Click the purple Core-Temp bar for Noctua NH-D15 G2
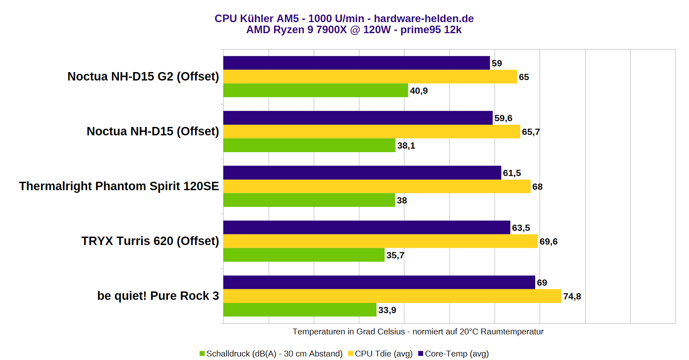tap(356, 63)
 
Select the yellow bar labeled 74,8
tap(392, 296)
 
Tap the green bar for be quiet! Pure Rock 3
tap(300, 310)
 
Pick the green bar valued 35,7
tap(304, 255)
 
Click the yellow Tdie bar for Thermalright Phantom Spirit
tap(377, 186)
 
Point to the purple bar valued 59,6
tap(358, 118)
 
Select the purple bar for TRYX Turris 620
tap(366, 227)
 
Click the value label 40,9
tap(419, 91)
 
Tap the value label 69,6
tap(548, 241)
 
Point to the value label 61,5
tap(512, 173)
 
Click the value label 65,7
tap(531, 132)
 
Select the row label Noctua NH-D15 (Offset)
tap(152, 131)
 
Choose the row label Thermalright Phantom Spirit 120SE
tap(119, 186)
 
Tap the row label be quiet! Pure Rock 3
tap(158, 296)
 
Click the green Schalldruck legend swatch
tap(202, 353)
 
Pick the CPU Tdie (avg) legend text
tap(383, 353)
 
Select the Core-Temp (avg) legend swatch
tap(421, 353)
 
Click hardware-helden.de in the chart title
tap(423, 19)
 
